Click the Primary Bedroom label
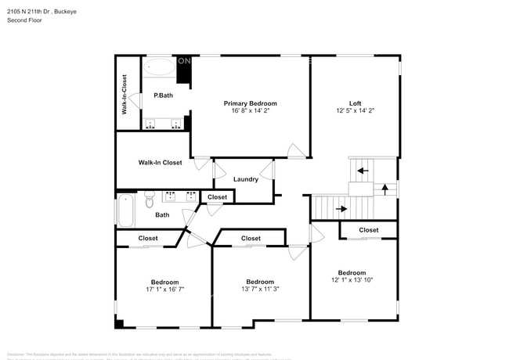point(250,103)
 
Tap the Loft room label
point(355,103)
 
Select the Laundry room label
point(246,179)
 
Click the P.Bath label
point(163,95)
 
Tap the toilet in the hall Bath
point(150,202)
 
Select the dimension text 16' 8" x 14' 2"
point(250,111)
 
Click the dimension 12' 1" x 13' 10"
point(352,280)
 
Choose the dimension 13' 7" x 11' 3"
point(260,290)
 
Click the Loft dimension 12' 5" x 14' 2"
point(355,111)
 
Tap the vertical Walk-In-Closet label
point(125,95)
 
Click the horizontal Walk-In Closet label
point(160,163)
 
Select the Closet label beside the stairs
point(369,230)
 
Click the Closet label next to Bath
point(217,197)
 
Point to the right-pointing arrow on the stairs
point(341,209)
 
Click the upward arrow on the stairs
point(384,188)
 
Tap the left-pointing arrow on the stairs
point(361,170)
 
